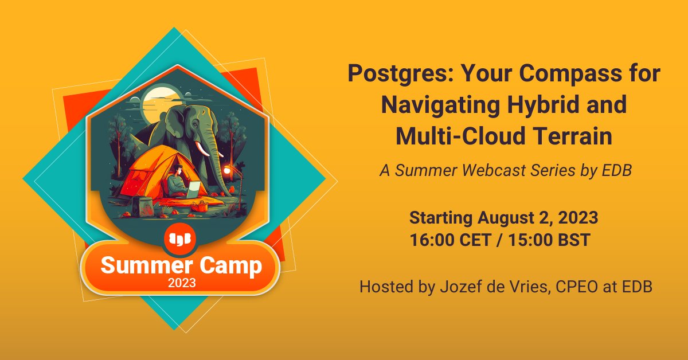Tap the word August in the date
click(x=507, y=218)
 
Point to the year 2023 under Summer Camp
click(x=182, y=283)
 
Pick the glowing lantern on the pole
click(x=228, y=170)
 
